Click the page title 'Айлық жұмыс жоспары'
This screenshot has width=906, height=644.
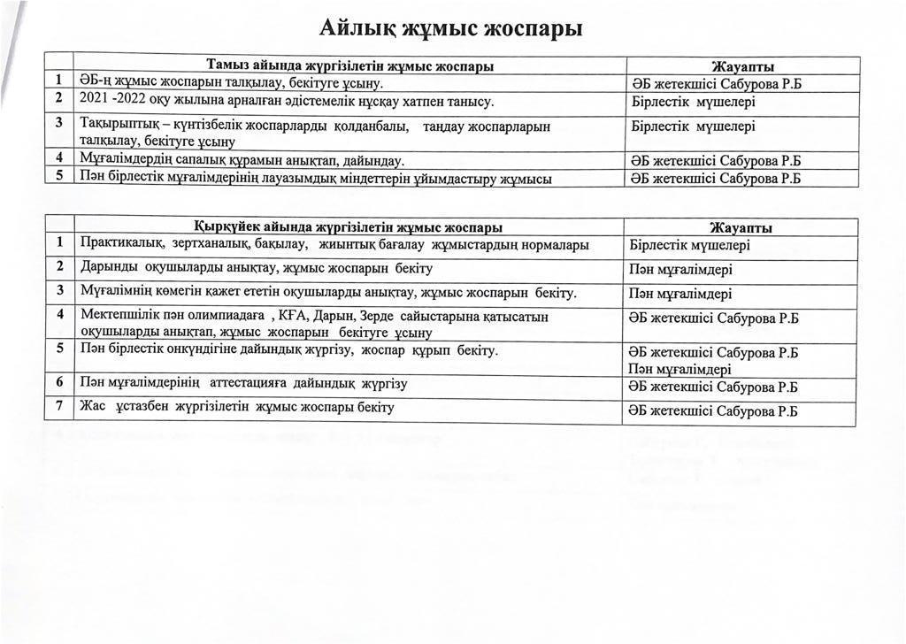[x=451, y=28]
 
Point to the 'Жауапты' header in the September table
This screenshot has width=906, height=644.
[x=741, y=228]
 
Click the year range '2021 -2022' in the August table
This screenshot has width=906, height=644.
[x=111, y=101]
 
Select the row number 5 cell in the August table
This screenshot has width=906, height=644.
[x=59, y=177]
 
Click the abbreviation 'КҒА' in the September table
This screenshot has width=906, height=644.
[x=301, y=316]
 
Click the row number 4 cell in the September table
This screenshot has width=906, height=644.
[x=59, y=315]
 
